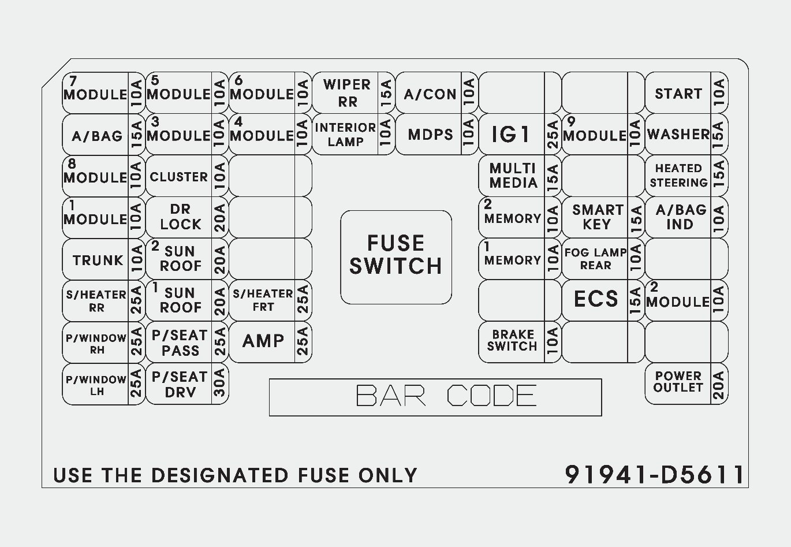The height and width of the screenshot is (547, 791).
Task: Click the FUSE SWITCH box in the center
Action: [395, 256]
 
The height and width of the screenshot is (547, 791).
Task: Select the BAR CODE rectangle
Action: [435, 397]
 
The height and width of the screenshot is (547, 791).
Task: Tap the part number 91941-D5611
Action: [654, 475]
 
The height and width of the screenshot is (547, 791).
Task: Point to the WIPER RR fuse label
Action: [346, 92]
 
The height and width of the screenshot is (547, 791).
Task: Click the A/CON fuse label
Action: [430, 94]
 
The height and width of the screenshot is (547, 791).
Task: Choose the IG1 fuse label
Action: [511, 135]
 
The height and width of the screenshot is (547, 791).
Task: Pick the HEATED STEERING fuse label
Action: [678, 176]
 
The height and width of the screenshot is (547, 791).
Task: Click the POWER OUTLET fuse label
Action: [678, 382]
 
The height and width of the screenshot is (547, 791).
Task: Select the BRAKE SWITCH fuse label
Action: [512, 341]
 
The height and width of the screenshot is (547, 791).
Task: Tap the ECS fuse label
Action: [595, 299]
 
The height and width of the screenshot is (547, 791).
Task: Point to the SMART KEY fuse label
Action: [597, 217]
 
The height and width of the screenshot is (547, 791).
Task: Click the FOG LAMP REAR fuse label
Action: [595, 259]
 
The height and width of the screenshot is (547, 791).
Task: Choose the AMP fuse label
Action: [263, 341]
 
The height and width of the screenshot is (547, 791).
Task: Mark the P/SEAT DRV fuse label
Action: [180, 384]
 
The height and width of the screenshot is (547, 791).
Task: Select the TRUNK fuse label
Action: [98, 260]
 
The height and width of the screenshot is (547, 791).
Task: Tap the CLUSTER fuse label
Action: [178, 177]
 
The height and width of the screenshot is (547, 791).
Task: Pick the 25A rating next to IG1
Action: [553, 135]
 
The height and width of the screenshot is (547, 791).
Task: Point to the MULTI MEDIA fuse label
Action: [513, 176]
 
